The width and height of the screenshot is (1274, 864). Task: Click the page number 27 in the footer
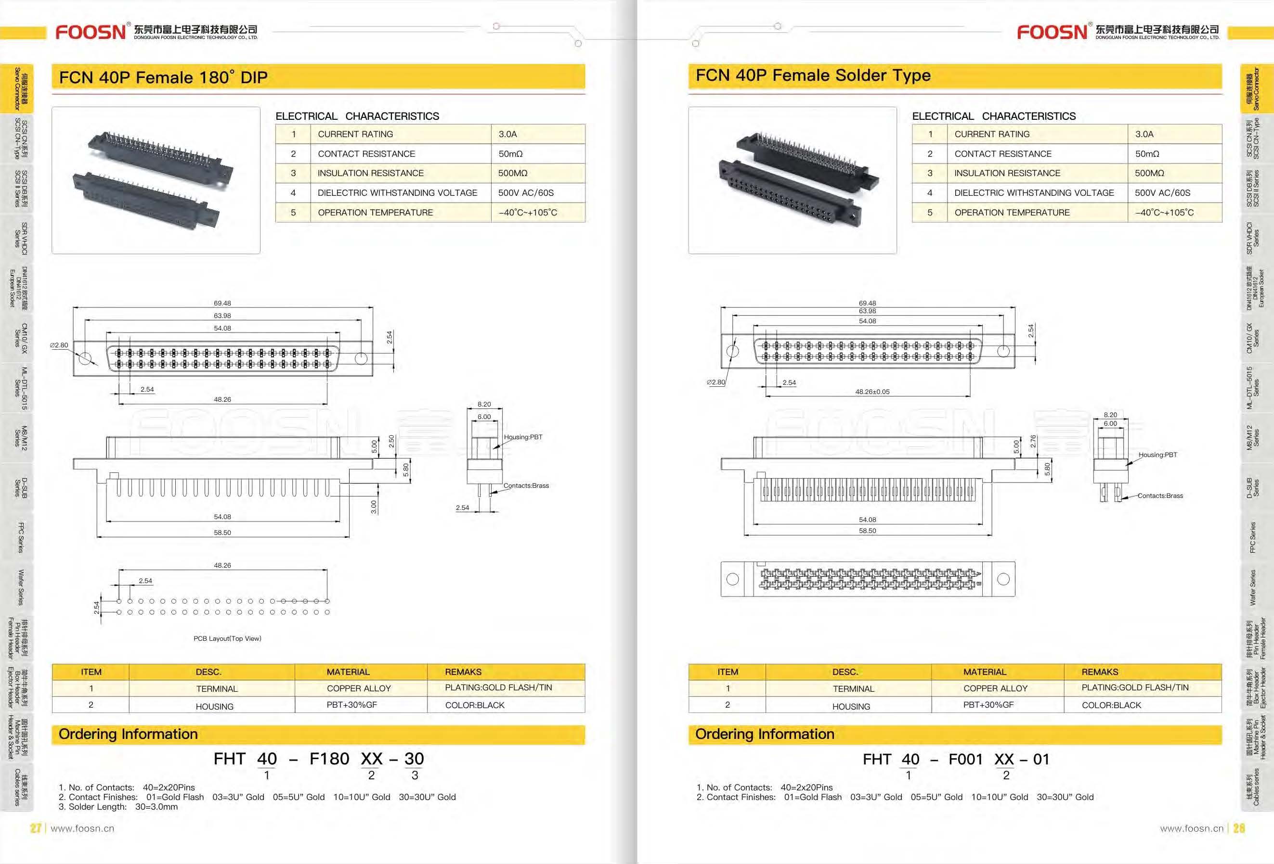(36, 828)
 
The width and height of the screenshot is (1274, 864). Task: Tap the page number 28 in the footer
(1239, 828)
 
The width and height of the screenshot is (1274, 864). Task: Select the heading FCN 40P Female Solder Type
(813, 76)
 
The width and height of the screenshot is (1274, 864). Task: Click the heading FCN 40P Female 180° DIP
(163, 77)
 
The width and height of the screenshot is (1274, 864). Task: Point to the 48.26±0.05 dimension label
(872, 392)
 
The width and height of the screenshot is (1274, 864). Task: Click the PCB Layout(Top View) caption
(227, 638)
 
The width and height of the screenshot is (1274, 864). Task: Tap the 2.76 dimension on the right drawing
(1033, 442)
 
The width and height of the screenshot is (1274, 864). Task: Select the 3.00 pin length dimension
(374, 507)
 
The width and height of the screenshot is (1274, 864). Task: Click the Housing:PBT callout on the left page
(522, 437)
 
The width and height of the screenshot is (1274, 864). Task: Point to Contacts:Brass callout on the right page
(1160, 496)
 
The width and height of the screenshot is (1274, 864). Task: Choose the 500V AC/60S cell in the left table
(526, 193)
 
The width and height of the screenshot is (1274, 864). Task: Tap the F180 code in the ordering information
(329, 759)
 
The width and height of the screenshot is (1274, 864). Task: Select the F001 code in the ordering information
(965, 759)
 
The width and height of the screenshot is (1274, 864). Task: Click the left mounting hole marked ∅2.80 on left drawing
(85, 359)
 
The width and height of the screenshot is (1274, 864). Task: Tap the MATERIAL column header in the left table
(348, 672)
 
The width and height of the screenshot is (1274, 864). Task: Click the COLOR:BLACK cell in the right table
(1111, 705)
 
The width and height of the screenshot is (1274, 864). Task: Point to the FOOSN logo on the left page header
(91, 32)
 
